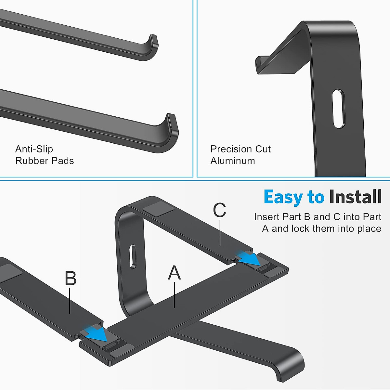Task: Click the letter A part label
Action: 174,273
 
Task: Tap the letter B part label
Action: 71,279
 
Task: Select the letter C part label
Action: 219,211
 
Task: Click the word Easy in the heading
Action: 283,197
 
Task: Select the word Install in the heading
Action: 355,197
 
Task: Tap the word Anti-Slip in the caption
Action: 34,149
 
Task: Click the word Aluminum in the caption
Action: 232,161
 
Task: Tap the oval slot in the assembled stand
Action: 132,256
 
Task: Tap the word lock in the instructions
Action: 301,229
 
